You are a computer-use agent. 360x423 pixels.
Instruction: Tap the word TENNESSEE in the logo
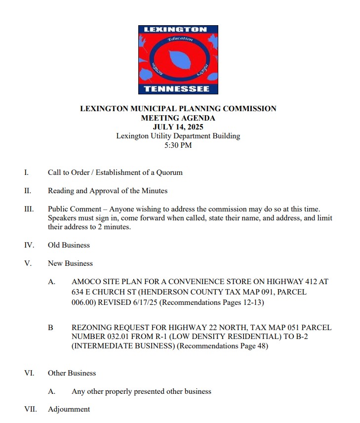177,89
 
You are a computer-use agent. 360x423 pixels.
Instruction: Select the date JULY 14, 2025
178,127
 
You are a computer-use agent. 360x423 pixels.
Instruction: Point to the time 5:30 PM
178,145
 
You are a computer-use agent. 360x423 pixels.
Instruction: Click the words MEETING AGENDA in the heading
178,118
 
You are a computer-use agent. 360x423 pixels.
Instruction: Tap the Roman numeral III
29,209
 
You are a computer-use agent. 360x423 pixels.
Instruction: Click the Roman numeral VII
30,409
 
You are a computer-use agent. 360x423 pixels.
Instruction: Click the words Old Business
69,245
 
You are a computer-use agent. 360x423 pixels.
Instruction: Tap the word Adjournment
69,409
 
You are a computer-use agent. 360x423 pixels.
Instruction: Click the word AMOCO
85,282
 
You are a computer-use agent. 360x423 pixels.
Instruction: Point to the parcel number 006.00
83,301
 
